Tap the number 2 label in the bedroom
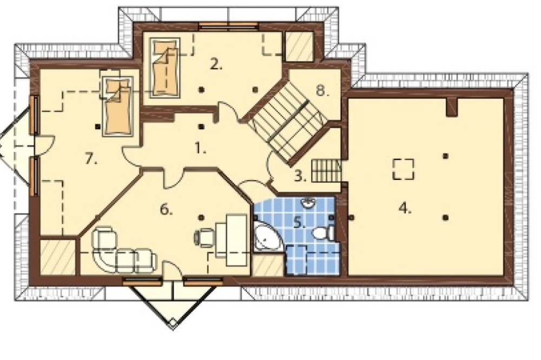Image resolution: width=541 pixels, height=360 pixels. click(216, 64)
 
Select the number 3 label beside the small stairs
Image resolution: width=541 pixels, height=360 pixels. click(300, 176)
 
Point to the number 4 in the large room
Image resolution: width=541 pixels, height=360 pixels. click(405, 208)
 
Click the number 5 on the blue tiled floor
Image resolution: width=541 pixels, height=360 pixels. click(299, 223)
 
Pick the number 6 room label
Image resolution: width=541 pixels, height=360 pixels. click(166, 209)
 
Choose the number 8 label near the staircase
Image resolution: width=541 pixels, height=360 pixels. click(322, 91)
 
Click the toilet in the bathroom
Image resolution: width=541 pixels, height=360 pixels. click(324, 233)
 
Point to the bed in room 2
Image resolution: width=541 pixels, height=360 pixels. click(165, 66)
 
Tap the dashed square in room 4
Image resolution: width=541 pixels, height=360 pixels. click(403, 169)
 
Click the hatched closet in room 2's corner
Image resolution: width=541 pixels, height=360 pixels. click(299, 46)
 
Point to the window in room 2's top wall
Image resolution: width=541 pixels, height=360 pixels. click(228, 25)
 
